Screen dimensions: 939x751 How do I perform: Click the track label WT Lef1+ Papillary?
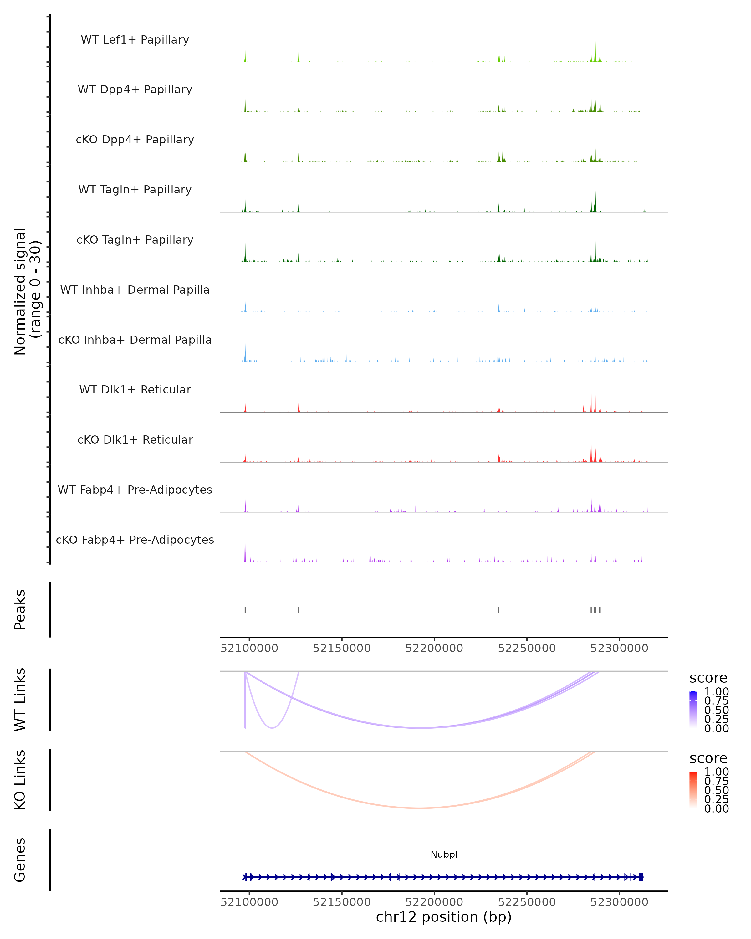point(135,40)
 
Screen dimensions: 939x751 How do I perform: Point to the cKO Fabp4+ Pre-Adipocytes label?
point(135,540)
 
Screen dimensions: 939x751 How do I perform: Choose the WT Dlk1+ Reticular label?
point(135,389)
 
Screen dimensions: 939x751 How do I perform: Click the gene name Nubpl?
point(444,854)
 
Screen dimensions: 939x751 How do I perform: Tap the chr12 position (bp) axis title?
point(444,917)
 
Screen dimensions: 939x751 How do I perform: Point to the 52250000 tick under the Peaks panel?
point(527,648)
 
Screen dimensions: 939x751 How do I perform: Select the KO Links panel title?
point(20,780)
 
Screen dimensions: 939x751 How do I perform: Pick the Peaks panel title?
point(20,609)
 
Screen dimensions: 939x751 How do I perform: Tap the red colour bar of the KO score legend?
point(693,790)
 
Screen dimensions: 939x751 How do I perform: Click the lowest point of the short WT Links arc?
point(272,728)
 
